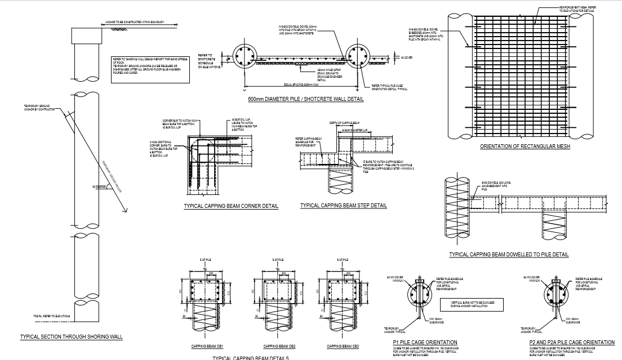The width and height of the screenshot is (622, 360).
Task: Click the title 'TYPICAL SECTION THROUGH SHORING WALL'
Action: click(71, 337)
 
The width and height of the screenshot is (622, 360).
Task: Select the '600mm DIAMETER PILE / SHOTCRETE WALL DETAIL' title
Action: click(305, 99)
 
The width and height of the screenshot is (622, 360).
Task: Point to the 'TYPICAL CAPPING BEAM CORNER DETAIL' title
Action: click(231, 206)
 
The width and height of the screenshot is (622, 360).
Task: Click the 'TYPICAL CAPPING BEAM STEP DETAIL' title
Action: click(344, 206)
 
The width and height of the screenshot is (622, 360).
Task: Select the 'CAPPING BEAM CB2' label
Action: click(277, 346)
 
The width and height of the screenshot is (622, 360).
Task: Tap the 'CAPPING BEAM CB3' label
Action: click(343, 346)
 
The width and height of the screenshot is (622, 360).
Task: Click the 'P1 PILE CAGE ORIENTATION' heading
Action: click(425, 343)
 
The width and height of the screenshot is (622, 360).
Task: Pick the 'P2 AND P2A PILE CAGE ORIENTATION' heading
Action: click(572, 343)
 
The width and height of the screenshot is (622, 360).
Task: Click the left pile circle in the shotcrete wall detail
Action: click(246, 56)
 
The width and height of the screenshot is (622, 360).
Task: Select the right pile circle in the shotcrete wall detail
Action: click(358, 56)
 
